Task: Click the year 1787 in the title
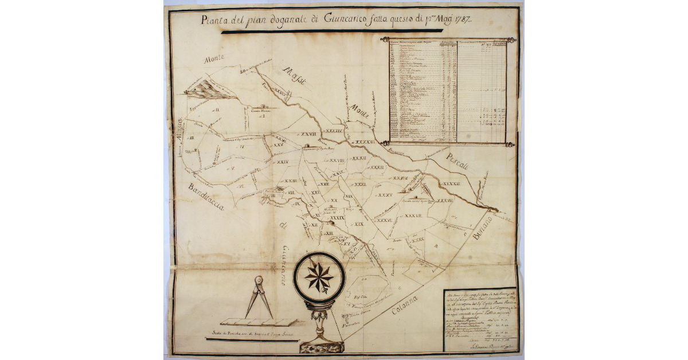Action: click(x=460, y=20)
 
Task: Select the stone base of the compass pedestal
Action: click(x=321, y=346)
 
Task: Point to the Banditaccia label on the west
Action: click(x=204, y=198)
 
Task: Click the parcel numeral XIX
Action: click(x=359, y=224)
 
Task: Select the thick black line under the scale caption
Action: click(x=251, y=340)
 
